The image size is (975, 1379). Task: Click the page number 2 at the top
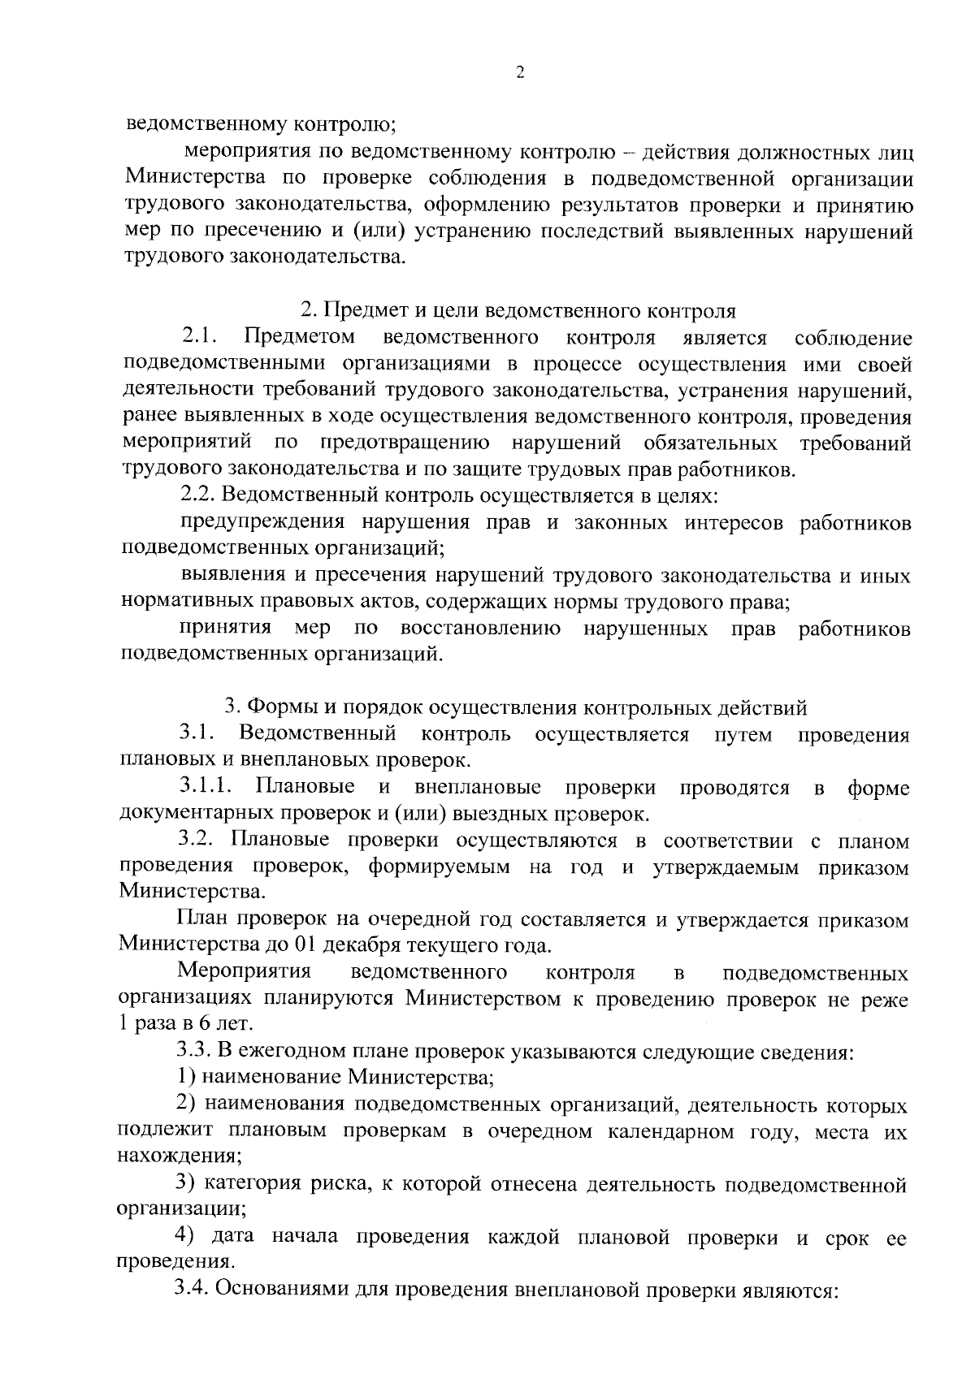click(x=520, y=73)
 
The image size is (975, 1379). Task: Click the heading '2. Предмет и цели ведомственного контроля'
click(x=518, y=311)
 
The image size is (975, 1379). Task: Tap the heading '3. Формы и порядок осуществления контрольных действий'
click(x=515, y=707)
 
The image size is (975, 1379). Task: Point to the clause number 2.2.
click(x=197, y=495)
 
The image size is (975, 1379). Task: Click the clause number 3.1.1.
click(x=207, y=787)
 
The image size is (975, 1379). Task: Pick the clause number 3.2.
click(x=196, y=840)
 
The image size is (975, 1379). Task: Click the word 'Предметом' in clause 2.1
click(x=300, y=337)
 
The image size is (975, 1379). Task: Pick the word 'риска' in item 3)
click(x=338, y=1185)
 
